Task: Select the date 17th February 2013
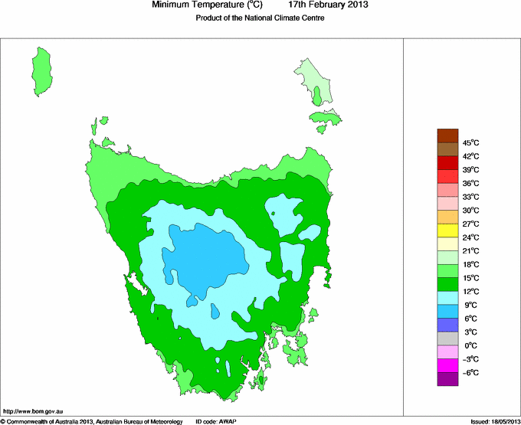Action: coord(328,5)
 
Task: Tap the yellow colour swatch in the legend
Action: coord(447,230)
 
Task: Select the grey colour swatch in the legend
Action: coord(447,339)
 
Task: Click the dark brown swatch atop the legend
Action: coord(447,136)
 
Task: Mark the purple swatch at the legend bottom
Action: coord(447,380)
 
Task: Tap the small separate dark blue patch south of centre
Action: coord(215,312)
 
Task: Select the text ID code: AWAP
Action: coord(218,421)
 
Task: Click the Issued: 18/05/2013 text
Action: coord(493,421)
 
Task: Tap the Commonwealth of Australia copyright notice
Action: coord(92,421)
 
